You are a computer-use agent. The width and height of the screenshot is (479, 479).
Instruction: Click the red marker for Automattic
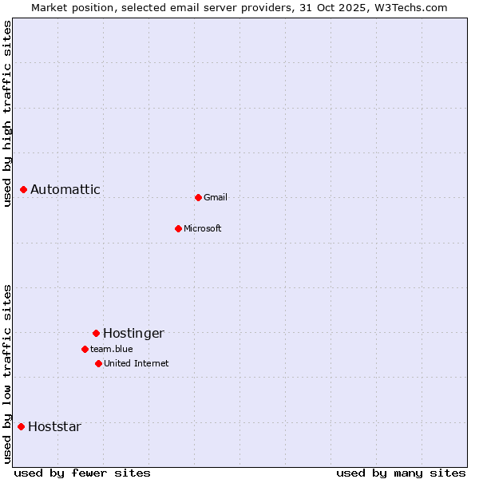(24, 189)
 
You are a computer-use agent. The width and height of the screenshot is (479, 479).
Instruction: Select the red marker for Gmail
(198, 197)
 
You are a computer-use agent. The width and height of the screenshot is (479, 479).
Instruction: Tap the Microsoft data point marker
(178, 228)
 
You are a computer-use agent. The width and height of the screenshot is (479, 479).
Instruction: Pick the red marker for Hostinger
(96, 333)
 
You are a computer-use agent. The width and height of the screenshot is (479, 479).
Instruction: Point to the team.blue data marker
(85, 349)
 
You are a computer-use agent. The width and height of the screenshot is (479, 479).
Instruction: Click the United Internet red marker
(98, 363)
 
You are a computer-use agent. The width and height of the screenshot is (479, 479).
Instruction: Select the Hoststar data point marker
(21, 426)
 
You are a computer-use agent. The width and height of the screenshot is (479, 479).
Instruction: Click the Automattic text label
(65, 189)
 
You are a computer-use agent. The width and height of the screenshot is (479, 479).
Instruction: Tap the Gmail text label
(216, 197)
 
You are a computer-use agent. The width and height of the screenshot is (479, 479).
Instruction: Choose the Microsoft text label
(203, 228)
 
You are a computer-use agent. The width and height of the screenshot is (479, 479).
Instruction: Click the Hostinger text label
(133, 333)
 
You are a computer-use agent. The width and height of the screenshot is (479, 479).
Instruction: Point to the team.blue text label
(112, 349)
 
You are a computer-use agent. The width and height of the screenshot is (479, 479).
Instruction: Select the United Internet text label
(137, 363)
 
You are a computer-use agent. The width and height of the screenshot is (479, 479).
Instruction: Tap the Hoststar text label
(54, 426)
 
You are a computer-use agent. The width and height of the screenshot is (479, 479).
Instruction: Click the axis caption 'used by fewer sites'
(82, 473)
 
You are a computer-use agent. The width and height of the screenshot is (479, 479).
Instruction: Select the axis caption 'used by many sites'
(401, 473)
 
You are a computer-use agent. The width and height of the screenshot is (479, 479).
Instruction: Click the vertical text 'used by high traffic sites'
(7, 113)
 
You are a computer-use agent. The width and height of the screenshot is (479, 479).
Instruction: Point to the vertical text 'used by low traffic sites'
(7, 374)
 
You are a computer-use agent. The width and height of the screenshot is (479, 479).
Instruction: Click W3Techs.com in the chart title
(412, 7)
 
